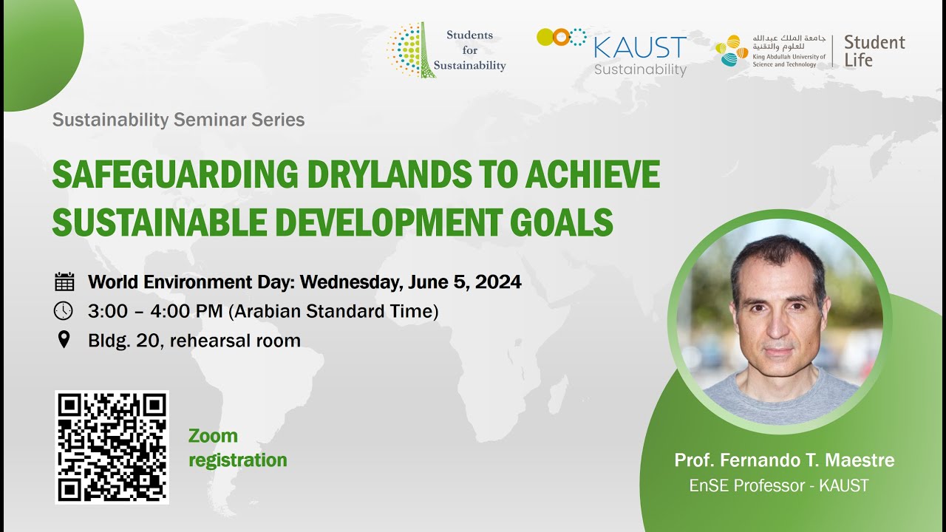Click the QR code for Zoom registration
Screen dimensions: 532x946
(112, 447)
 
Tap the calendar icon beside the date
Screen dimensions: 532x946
(65, 282)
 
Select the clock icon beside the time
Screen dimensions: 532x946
(64, 311)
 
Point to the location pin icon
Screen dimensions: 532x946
(64, 340)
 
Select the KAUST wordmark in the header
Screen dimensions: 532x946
(640, 48)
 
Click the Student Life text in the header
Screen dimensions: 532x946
(874, 51)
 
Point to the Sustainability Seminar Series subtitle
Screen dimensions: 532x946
(178, 120)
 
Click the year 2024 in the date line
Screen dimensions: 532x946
(498, 282)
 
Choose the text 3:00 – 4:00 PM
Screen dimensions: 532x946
(155, 311)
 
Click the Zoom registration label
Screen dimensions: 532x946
(237, 448)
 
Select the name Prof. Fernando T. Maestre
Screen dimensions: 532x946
(784, 460)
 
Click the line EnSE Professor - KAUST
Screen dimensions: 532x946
(779, 485)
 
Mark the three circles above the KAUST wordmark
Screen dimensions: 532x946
(561, 36)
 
